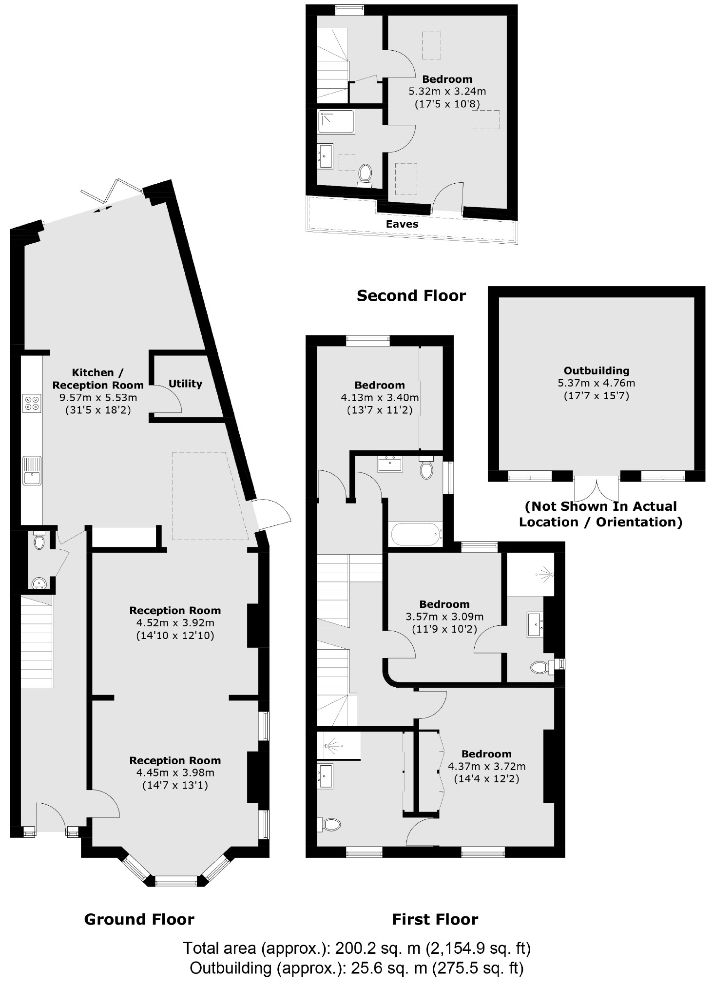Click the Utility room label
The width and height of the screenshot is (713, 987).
click(185, 384)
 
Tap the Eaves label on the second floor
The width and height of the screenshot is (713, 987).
click(402, 224)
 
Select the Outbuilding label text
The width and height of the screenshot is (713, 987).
click(597, 371)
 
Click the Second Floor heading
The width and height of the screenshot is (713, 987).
click(411, 296)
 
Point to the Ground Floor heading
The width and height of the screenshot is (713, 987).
click(139, 919)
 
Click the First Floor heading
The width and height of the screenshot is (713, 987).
click(435, 919)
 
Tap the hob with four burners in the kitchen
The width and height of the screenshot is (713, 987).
click(32, 403)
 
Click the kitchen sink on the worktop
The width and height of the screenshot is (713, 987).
click(32, 470)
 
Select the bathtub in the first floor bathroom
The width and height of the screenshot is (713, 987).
click(416, 535)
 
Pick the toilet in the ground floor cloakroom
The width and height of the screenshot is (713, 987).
click(39, 540)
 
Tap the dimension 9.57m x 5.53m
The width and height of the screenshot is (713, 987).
click(98, 398)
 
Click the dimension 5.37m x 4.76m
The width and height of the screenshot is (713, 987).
click(597, 383)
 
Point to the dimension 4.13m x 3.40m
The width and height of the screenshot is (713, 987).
click(380, 398)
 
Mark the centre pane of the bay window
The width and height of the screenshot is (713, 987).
click(176, 881)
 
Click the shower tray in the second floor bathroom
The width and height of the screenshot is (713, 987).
click(336, 121)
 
